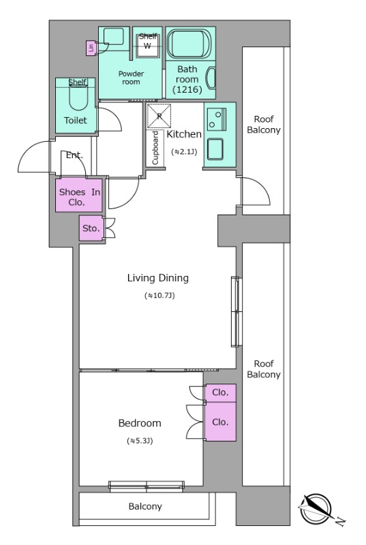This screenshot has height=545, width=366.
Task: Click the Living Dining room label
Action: pyautogui.click(x=158, y=278)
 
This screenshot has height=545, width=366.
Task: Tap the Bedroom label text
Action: pyautogui.click(x=140, y=423)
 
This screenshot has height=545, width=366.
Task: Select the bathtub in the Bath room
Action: pyautogui.click(x=189, y=44)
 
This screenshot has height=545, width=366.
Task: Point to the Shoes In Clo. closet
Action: pyautogui.click(x=79, y=196)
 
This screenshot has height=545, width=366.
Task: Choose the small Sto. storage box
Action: pyautogui.click(x=91, y=228)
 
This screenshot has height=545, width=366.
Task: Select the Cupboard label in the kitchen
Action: pyautogui.click(x=155, y=148)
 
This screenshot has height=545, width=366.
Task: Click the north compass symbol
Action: pyautogui.click(x=316, y=509)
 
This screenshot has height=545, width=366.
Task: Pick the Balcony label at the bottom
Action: pyautogui.click(x=145, y=506)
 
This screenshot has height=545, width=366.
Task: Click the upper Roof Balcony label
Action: pyautogui.click(x=264, y=125)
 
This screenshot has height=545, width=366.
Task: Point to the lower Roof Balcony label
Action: pyautogui.click(x=264, y=369)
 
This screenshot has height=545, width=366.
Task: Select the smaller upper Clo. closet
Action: pyautogui.click(x=220, y=393)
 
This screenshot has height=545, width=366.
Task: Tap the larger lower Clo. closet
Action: pyautogui.click(x=220, y=422)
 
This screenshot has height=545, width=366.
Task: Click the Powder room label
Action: pyautogui.click(x=131, y=78)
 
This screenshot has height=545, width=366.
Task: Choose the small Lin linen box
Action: pyautogui.click(x=91, y=48)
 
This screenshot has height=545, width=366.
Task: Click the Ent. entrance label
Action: pyautogui.click(x=74, y=155)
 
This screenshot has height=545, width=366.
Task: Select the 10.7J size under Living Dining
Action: pyautogui.click(x=159, y=296)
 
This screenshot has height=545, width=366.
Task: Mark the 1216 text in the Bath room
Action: pyautogui.click(x=187, y=90)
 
